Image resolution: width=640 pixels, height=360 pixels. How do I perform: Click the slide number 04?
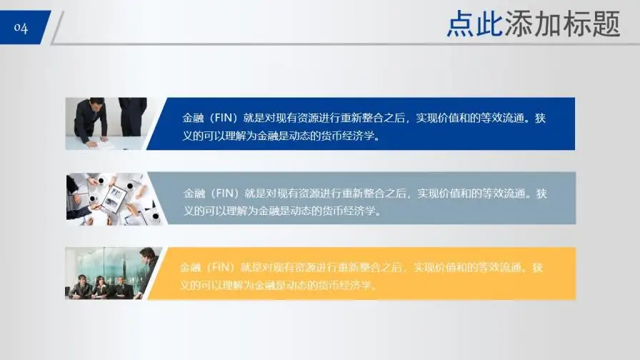(x=21, y=29)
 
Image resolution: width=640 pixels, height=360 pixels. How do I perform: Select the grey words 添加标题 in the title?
(x=562, y=24)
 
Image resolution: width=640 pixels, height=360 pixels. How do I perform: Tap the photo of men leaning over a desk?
(x=106, y=124)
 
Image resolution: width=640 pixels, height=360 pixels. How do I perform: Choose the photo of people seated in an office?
(x=111, y=274)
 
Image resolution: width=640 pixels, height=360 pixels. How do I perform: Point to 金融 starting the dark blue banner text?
(x=193, y=118)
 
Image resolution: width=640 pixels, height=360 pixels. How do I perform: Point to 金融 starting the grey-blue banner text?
(x=194, y=193)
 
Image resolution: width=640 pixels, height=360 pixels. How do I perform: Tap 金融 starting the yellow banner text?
(x=191, y=268)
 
